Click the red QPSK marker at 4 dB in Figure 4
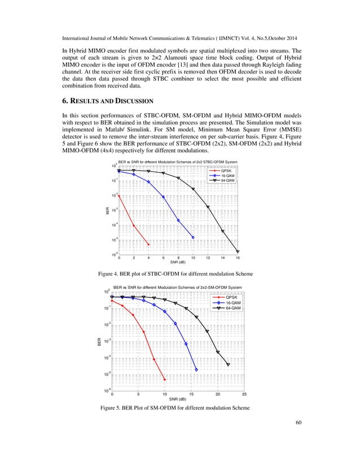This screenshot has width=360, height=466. tap(148, 244)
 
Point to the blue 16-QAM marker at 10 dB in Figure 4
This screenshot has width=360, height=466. tap(193, 238)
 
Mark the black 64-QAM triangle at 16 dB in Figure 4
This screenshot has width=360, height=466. tap(238, 252)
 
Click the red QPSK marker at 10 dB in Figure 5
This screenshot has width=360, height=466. tap(164, 380)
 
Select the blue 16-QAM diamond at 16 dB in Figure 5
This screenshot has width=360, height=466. tap(196, 370)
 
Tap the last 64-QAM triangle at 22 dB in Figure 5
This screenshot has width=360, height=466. tap(228, 364)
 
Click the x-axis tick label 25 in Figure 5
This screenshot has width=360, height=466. tap(243, 394)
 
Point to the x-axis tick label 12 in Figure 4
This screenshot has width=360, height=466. tap(208, 258)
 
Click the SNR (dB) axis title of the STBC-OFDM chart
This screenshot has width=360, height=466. tap(178, 262)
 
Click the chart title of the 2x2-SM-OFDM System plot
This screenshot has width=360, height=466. tap(178, 288)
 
